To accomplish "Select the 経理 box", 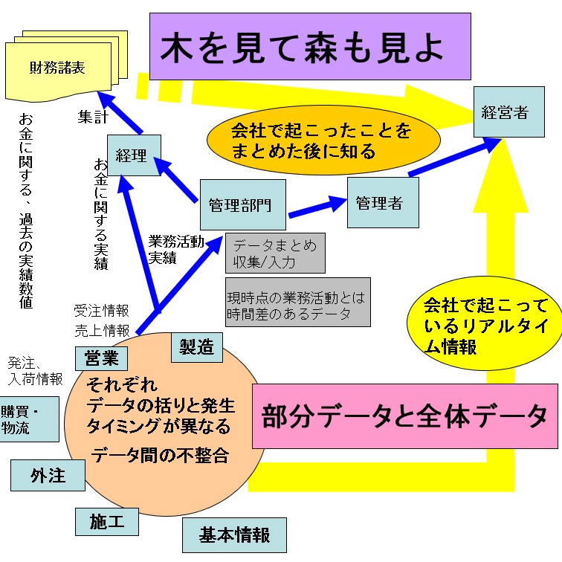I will point(133,155).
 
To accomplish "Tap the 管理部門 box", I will point(242,204).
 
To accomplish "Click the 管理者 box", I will point(382,202).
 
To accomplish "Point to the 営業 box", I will point(101,358).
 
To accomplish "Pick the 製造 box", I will point(196,346).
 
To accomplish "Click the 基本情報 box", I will point(234,534).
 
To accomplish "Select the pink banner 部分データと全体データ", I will point(404,417).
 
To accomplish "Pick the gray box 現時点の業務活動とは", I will point(297,303).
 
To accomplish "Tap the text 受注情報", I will point(101,310).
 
